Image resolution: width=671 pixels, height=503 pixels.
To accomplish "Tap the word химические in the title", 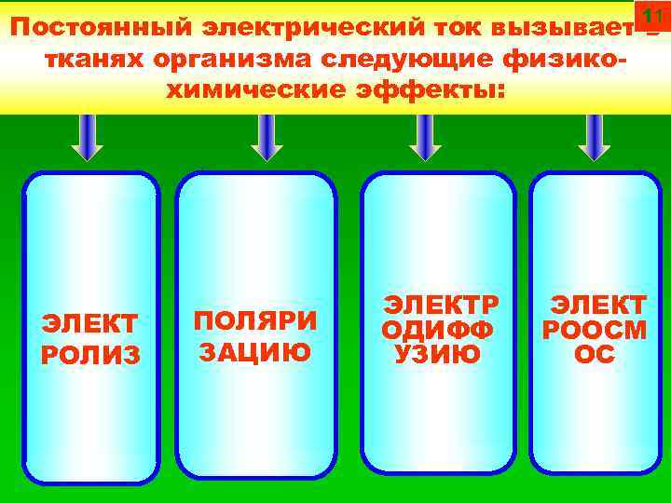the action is [245, 92].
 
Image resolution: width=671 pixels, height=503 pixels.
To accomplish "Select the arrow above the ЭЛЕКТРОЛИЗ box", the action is [89, 137].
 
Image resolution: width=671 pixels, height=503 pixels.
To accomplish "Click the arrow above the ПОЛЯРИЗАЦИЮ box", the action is [267, 137].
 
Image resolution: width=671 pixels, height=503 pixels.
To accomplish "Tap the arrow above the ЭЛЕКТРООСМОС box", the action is [594, 137].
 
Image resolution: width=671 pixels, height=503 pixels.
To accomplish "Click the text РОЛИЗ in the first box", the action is [90, 355].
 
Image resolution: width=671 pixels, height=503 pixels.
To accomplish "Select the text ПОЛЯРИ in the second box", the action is [255, 320].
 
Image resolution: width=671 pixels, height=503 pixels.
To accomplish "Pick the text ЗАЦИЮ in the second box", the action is [255, 353].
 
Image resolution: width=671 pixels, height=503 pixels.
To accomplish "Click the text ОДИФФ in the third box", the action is [437, 331].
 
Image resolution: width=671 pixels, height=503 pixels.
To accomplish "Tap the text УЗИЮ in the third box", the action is [437, 354].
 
